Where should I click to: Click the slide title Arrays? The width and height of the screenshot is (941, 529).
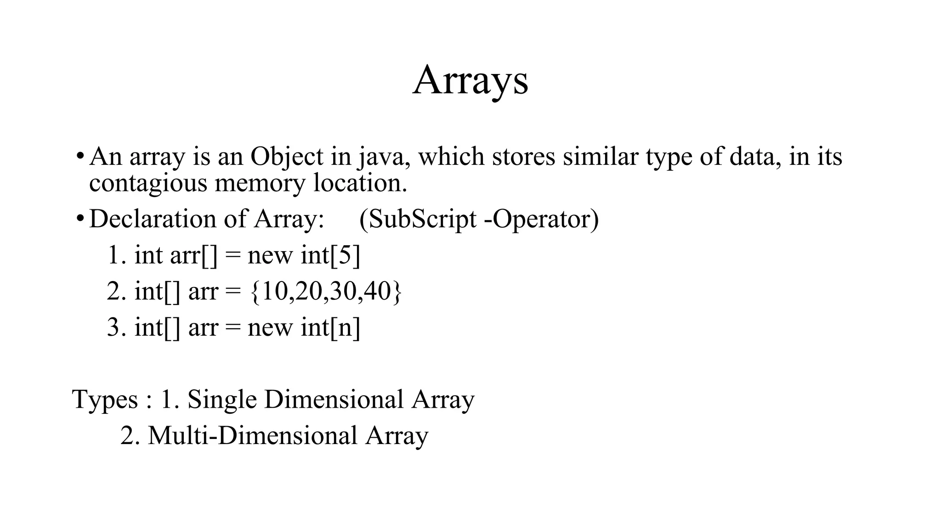click(470, 81)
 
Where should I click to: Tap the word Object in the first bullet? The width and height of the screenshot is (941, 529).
click(287, 157)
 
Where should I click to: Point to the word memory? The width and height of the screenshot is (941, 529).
click(260, 183)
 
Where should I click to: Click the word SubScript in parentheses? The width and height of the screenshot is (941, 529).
click(422, 219)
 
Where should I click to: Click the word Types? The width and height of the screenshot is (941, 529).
click(105, 400)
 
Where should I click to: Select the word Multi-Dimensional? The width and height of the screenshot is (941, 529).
click(252, 435)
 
